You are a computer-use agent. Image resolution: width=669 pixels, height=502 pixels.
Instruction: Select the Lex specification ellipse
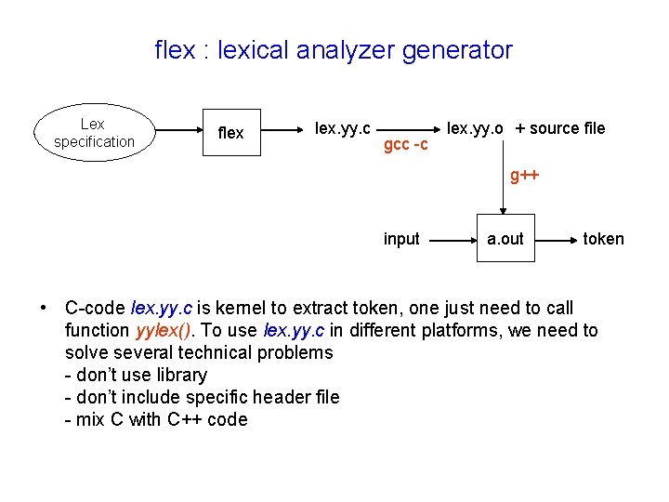(93, 132)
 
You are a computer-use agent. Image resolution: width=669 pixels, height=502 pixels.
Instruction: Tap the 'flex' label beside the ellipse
(230, 133)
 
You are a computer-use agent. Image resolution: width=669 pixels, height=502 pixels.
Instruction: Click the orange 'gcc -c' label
(406, 146)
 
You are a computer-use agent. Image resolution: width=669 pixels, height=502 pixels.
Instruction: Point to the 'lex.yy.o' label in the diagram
(477, 127)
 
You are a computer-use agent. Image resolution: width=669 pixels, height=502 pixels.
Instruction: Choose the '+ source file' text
(560, 128)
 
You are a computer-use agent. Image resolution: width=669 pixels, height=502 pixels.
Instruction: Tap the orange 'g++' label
(525, 176)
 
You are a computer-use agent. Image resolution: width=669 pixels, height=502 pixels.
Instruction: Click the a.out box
(505, 239)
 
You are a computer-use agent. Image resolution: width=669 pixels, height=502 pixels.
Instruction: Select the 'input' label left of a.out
(401, 239)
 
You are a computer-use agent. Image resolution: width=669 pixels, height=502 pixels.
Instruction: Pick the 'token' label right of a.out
(603, 239)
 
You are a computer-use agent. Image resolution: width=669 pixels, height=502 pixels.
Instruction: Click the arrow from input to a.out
(453, 239)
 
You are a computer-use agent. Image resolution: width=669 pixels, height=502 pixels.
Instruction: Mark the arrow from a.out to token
(557, 239)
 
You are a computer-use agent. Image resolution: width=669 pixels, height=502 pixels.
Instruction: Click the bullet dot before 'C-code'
(44, 308)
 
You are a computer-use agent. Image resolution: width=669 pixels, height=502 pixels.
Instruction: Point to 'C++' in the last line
(186, 419)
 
